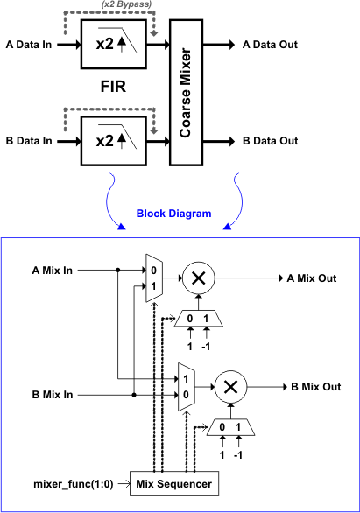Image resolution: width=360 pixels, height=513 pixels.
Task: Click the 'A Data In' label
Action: click(x=29, y=43)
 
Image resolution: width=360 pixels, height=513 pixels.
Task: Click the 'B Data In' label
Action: click(x=29, y=140)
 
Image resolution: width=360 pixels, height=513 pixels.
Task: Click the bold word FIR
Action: click(x=105, y=88)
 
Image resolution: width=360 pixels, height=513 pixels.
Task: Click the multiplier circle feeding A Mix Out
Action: click(x=199, y=278)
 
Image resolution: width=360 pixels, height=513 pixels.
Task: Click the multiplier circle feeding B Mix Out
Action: click(x=232, y=386)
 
